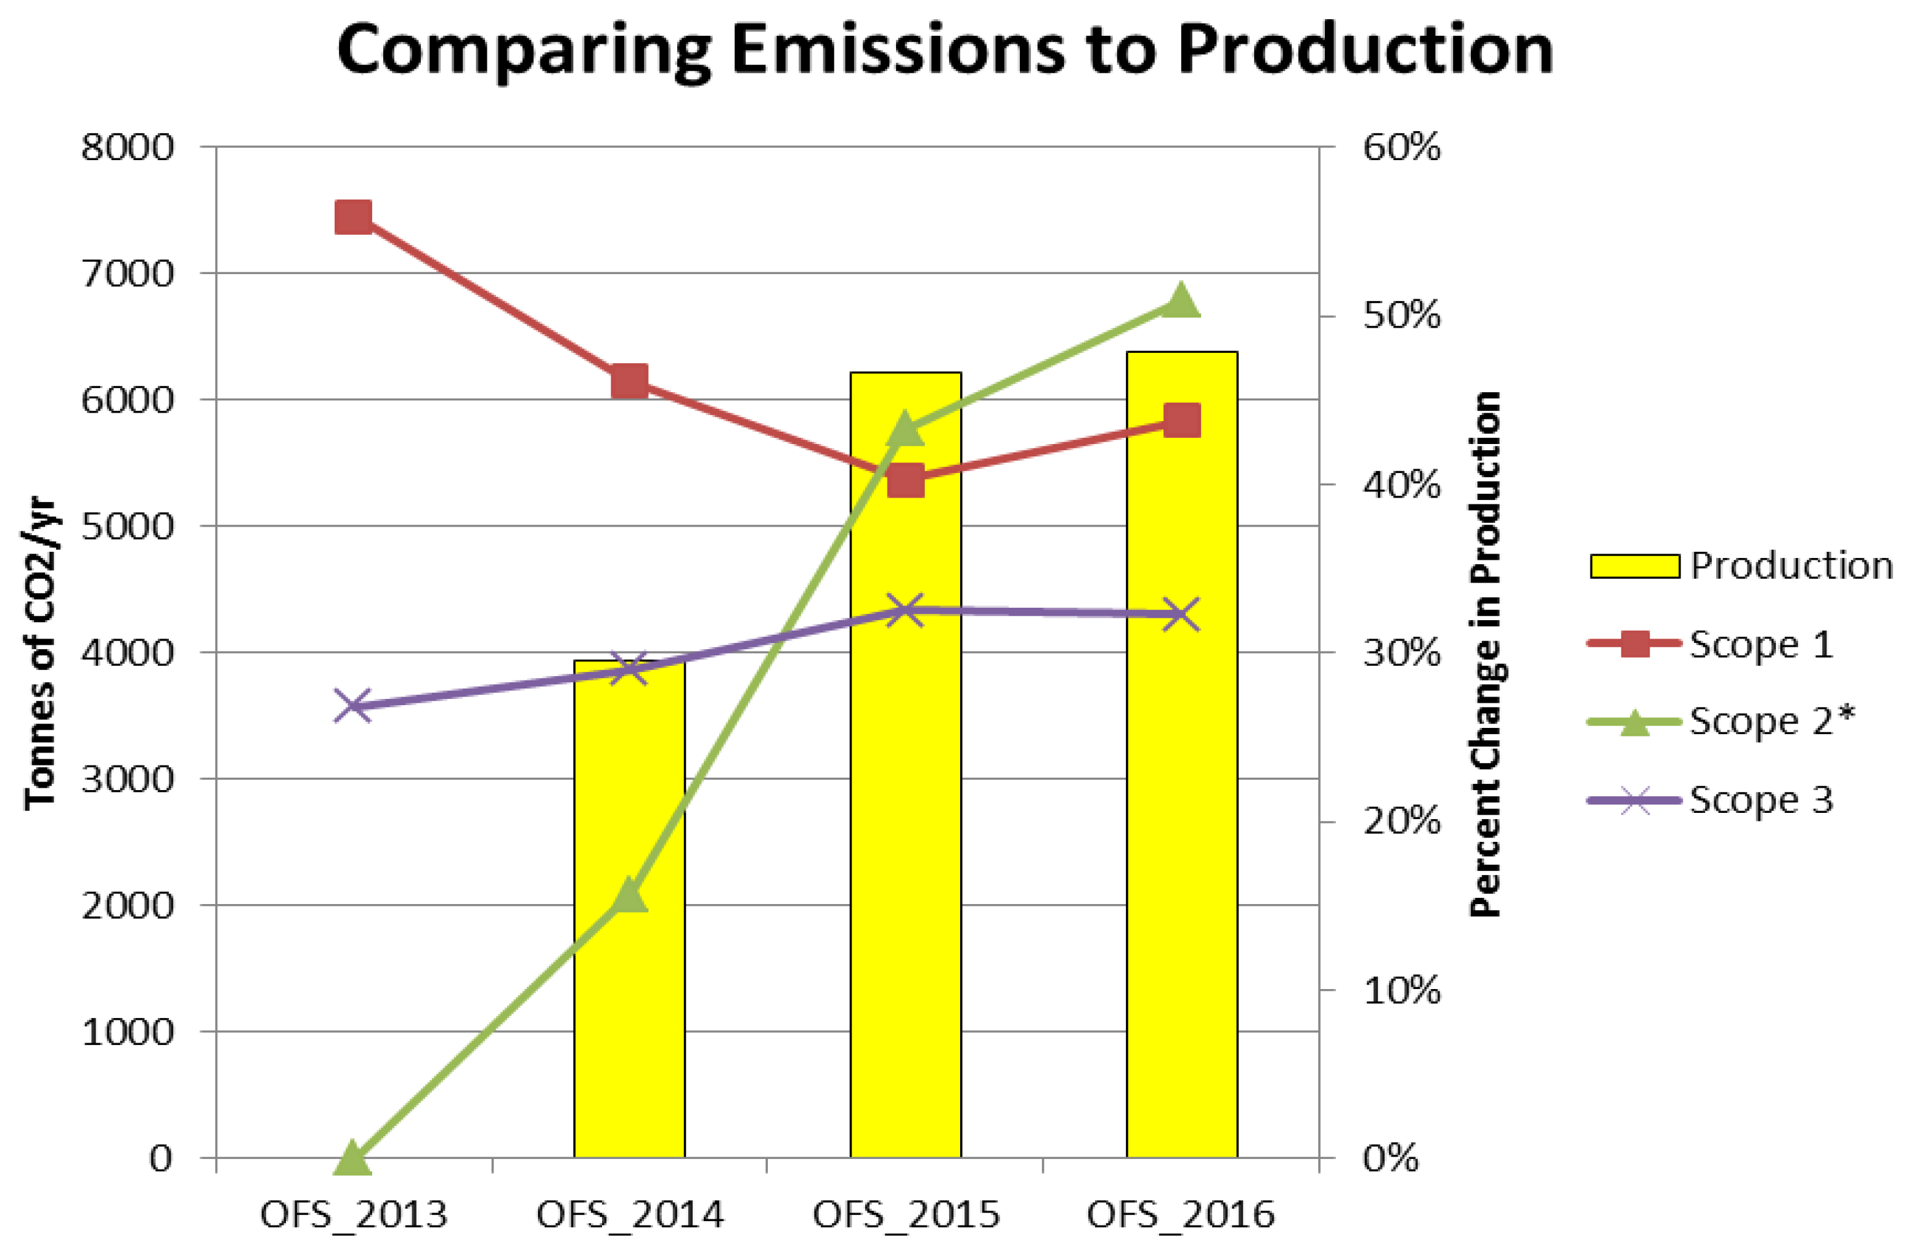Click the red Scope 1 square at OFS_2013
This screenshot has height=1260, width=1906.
[353, 217]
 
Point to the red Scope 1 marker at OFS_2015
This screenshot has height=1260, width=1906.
[905, 482]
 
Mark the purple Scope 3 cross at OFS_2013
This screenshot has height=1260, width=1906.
[353, 706]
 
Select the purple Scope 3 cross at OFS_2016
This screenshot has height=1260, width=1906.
[1181, 615]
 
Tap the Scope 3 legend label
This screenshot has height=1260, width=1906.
[1761, 799]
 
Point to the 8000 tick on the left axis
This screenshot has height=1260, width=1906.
[128, 148]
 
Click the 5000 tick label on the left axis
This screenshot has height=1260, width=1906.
[128, 527]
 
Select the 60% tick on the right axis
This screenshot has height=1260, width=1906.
[1401, 148]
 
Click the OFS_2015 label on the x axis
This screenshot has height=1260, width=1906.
[906, 1215]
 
